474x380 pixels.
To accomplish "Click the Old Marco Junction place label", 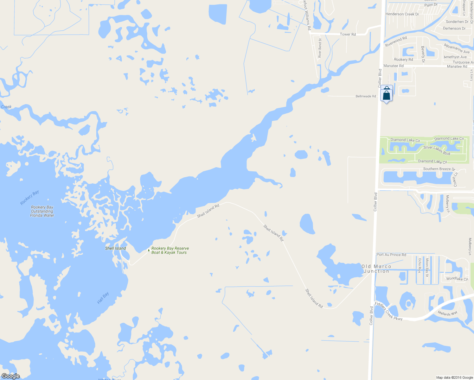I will pyautogui.click(x=376, y=269).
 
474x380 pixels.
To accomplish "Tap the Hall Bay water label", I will pyautogui.click(x=103, y=298).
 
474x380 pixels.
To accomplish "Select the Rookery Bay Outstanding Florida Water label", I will pyautogui.click(x=42, y=211).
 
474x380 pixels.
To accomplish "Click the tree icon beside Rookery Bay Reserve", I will pyautogui.click(x=149, y=250).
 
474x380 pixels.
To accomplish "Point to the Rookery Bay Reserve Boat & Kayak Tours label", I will pyautogui.click(x=170, y=250).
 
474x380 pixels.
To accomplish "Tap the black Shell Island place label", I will pyautogui.click(x=115, y=248).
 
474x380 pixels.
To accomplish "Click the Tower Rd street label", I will pyautogui.click(x=348, y=34).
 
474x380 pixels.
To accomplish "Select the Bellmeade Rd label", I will pyautogui.click(x=366, y=96).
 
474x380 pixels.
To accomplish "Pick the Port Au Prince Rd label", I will pyautogui.click(x=391, y=255).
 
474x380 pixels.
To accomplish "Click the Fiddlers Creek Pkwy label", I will pyautogui.click(x=388, y=311).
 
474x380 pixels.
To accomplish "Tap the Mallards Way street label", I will pyautogui.click(x=447, y=313).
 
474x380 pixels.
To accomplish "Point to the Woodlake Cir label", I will pyautogui.click(x=457, y=279).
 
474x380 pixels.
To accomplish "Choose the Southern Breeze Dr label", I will pyautogui.click(x=439, y=169).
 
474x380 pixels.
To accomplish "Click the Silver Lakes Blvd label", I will pyautogui.click(x=437, y=150).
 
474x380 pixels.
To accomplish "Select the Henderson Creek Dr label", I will pyautogui.click(x=402, y=14).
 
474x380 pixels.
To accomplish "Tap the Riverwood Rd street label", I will pyautogui.click(x=396, y=42).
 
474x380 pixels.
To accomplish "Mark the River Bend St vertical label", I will pyautogui.click(x=320, y=48).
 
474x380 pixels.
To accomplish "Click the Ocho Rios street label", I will pyautogui.click(x=420, y=265).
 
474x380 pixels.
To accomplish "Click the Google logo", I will pyautogui.click(x=10, y=376).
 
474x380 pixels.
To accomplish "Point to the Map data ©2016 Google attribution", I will pyautogui.click(x=454, y=377).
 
